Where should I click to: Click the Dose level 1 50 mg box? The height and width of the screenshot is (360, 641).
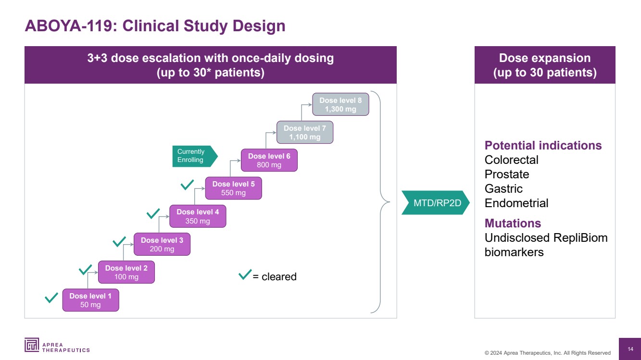pos(90,300)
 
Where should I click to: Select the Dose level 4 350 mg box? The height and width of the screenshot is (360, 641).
pos(198,216)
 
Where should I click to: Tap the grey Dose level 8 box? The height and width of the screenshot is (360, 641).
pos(340,104)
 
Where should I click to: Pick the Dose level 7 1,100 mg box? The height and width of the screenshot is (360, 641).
pos(305,132)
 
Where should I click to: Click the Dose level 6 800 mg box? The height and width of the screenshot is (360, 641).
pos(269,160)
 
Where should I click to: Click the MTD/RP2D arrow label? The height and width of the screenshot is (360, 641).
pos(435,203)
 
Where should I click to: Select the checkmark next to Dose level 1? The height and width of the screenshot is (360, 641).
pos(51,298)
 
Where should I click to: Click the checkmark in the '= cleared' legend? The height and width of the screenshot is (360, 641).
pos(245,275)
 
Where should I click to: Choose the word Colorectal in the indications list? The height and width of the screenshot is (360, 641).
pos(511,160)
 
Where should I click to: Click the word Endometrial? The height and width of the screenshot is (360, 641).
pos(516,203)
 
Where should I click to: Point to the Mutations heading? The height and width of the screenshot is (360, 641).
pos(513,223)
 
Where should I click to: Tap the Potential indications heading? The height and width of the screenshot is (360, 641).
pos(543,145)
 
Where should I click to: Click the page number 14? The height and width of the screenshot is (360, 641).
pos(630,348)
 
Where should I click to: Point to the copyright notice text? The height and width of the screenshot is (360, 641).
pos(547,353)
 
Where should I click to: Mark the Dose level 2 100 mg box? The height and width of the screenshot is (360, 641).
pos(126,273)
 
